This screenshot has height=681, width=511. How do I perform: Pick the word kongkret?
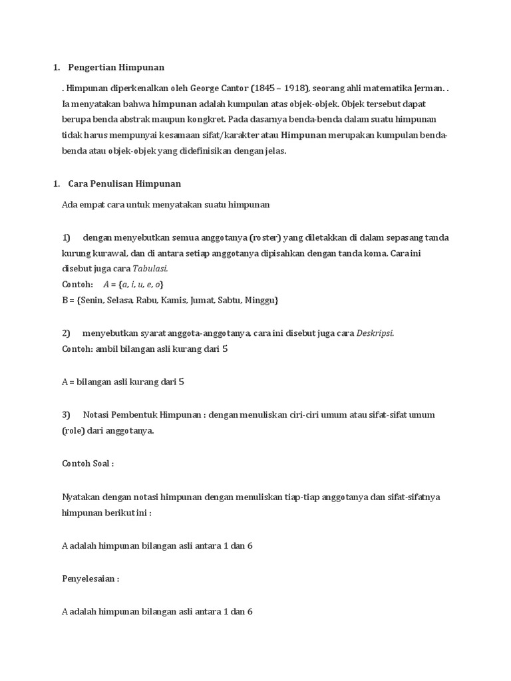[203, 120]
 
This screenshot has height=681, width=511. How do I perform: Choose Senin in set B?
[93, 300]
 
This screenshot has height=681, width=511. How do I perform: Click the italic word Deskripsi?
[375, 333]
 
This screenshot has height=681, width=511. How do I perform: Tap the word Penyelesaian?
[88, 579]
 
